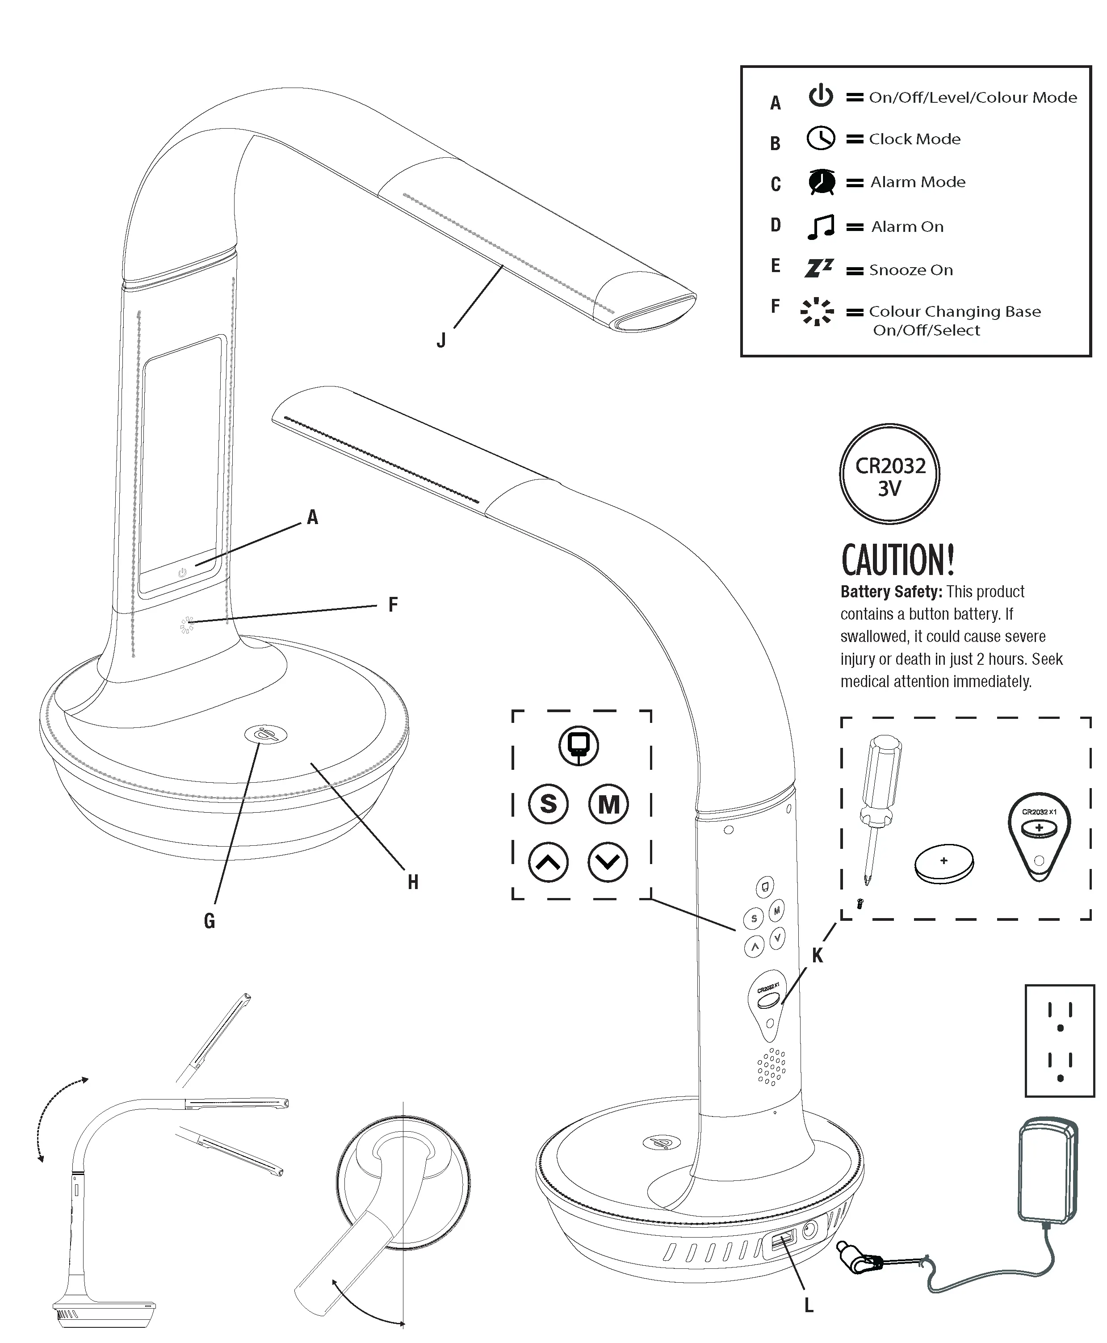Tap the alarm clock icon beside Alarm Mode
click(x=822, y=182)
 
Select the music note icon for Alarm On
click(x=821, y=227)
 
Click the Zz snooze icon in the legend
click(x=819, y=269)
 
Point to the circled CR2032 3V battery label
click(x=889, y=474)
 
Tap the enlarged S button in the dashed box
click(x=549, y=804)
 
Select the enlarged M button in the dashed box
click(x=608, y=804)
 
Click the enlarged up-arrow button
click(x=549, y=863)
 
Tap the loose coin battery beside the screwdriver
click(x=944, y=864)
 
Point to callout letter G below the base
click(x=209, y=921)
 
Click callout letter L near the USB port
click(x=809, y=1306)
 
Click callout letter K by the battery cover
click(x=817, y=956)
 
